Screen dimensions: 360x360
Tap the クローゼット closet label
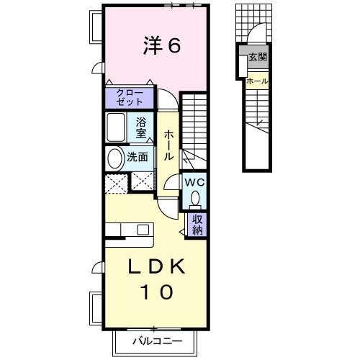[x=130, y=98]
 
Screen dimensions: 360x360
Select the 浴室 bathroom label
[x=142, y=127]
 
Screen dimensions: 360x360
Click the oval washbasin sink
[x=114, y=158]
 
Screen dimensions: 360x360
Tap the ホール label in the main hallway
[x=168, y=145]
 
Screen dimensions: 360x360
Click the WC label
[x=195, y=183]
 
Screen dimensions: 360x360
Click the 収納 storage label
[x=197, y=225]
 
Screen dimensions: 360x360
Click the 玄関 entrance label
[x=257, y=57]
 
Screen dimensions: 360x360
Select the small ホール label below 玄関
[x=256, y=81]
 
